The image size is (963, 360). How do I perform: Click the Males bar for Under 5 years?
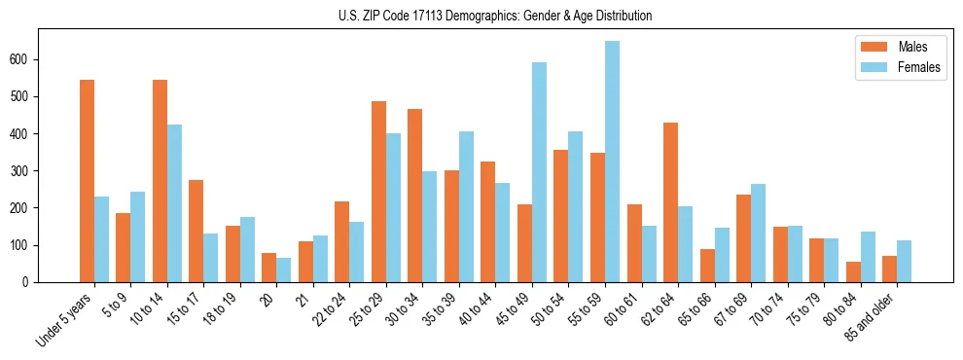click(x=87, y=181)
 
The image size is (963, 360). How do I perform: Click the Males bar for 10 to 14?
click(x=160, y=181)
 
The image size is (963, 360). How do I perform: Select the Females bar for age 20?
click(x=283, y=270)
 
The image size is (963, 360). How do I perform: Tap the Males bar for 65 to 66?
click(x=707, y=266)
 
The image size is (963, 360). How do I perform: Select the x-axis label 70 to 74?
click(x=767, y=313)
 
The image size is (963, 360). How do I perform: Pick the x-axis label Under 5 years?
click(x=66, y=321)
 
